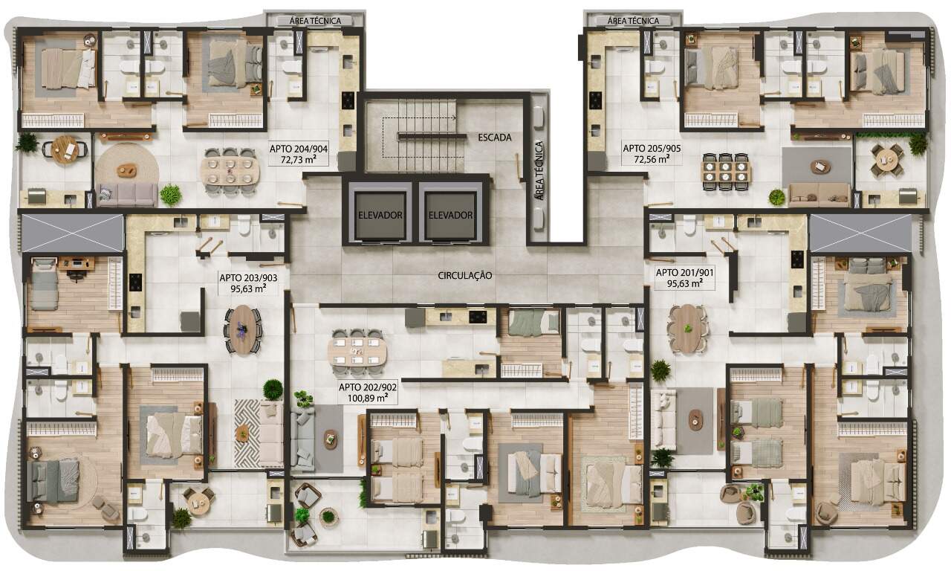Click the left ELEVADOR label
point(380,216)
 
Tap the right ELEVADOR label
point(450,216)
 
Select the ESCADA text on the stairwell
point(495,138)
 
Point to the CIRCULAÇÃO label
point(465,276)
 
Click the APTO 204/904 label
point(299,149)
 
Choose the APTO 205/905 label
point(652,149)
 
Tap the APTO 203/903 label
point(248,278)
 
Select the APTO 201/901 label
point(685,273)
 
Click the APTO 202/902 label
point(368,387)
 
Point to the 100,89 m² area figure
point(368,398)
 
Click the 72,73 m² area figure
point(299,160)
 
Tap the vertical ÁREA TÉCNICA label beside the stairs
point(539,170)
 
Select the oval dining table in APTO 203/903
point(243,329)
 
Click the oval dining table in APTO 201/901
point(687,329)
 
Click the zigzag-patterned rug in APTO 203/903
point(247,433)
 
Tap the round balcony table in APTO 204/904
point(65,149)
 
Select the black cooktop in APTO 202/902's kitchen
point(478,317)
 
